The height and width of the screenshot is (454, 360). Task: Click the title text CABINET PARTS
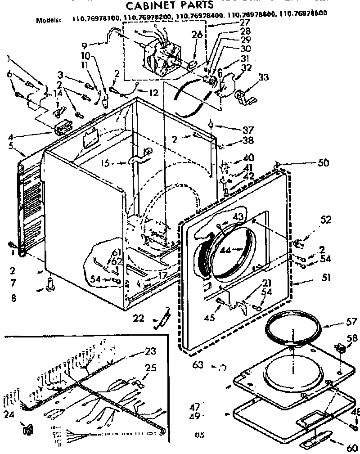pyautogui.click(x=163, y=6)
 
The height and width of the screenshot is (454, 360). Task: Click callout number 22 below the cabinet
pyautogui.click(x=139, y=318)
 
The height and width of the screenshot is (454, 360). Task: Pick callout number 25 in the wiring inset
pyautogui.click(x=150, y=368)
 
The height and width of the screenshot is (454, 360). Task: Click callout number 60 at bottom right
pyautogui.click(x=352, y=448)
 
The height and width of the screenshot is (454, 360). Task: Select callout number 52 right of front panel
pyautogui.click(x=325, y=220)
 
